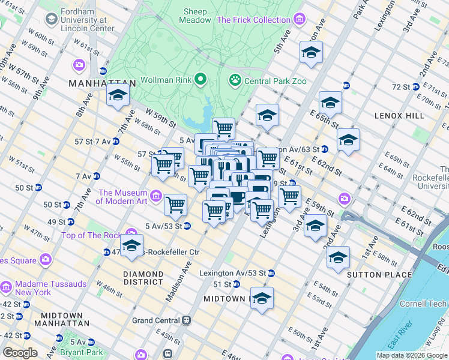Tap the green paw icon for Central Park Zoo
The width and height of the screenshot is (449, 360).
point(235,80)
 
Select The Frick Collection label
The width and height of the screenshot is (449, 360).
point(253,20)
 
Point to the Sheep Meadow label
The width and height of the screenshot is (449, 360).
point(196,16)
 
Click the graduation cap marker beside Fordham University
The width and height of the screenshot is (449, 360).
point(118,95)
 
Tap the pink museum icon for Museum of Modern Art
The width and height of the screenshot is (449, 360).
point(156,196)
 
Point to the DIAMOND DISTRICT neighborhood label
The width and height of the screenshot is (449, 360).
point(143,278)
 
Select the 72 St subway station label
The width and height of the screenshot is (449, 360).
point(400,87)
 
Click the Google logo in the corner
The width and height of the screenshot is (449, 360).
point(20,353)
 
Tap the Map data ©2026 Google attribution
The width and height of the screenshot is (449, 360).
point(412,355)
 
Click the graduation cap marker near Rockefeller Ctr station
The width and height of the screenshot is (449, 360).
point(131,246)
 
